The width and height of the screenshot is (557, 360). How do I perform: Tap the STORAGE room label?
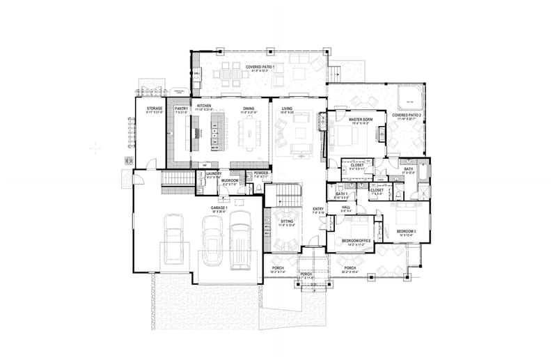coord(155,109)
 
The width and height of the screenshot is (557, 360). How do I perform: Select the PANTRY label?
coord(182,109)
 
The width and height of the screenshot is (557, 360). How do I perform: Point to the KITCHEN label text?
coord(203,106)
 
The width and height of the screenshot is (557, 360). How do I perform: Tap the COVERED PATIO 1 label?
coord(260,67)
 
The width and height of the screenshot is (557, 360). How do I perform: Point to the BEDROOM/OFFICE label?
coord(356,241)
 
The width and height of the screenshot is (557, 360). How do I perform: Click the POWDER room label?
coord(261,173)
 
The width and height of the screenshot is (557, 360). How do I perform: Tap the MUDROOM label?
coord(230,180)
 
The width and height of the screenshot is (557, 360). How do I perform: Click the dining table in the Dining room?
coord(249,132)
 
